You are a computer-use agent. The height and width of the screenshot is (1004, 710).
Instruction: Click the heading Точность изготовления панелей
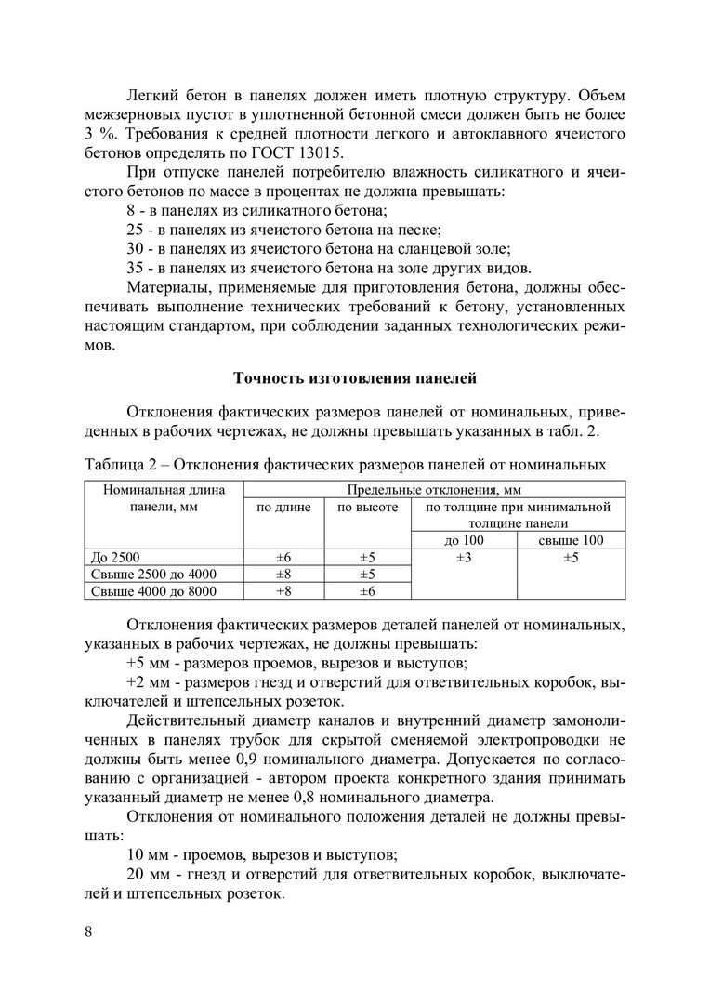click(354, 378)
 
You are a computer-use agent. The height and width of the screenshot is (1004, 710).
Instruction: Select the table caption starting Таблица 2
click(346, 465)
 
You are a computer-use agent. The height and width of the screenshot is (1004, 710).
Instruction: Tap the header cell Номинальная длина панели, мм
click(164, 498)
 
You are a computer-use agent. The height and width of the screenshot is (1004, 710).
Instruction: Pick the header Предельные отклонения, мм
click(434, 490)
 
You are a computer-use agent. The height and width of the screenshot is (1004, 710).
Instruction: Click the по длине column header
click(283, 508)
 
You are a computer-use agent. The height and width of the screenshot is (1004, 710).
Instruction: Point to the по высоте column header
click(366, 508)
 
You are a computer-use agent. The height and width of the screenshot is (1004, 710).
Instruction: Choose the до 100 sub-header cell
click(464, 540)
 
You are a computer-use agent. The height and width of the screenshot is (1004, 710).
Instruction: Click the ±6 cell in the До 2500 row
click(283, 557)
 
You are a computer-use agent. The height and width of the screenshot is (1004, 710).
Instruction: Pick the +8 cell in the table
click(283, 590)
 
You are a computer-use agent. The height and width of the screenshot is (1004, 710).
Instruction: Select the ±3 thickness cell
click(464, 557)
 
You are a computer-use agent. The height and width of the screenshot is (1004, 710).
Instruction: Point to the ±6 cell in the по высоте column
click(366, 590)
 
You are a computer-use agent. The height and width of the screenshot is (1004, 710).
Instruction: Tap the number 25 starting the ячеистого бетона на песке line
click(135, 229)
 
